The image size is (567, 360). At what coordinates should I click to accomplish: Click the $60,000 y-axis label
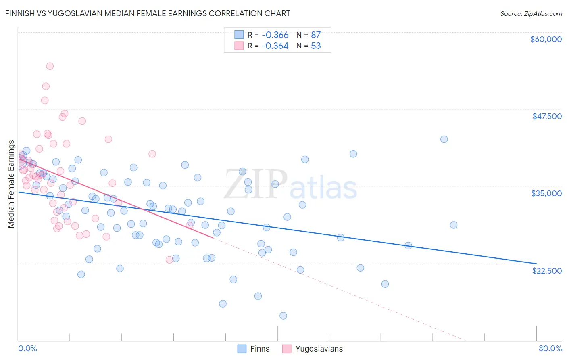(x=546, y=39)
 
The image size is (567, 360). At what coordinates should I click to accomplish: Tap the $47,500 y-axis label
(x=547, y=116)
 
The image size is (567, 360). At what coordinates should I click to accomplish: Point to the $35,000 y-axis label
(x=546, y=193)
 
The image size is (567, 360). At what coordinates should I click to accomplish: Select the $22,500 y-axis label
(x=547, y=271)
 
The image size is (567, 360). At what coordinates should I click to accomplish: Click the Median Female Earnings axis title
(x=11, y=184)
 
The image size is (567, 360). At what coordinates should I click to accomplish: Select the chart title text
(x=148, y=13)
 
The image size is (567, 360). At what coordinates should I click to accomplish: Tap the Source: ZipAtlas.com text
(x=531, y=14)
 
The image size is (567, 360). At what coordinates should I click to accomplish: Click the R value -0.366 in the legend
(x=275, y=35)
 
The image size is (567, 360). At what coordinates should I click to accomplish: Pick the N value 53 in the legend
(x=316, y=46)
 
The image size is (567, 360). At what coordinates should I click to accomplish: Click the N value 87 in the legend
(x=316, y=35)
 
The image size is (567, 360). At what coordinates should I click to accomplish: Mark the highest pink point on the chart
(x=50, y=66)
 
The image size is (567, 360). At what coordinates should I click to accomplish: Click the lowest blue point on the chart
(x=283, y=316)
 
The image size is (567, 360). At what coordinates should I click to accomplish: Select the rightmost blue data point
(x=454, y=225)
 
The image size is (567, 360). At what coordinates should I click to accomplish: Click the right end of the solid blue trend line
(x=536, y=264)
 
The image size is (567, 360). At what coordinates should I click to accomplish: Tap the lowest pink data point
(x=169, y=260)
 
